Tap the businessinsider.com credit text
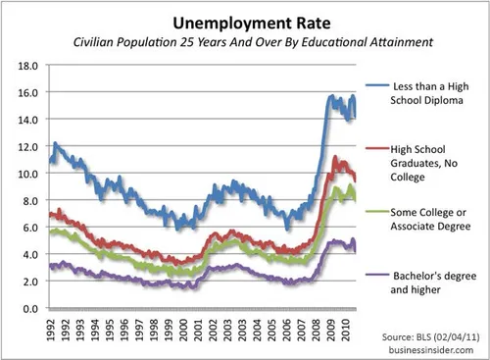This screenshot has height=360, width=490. pyautogui.click(x=436, y=350)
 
